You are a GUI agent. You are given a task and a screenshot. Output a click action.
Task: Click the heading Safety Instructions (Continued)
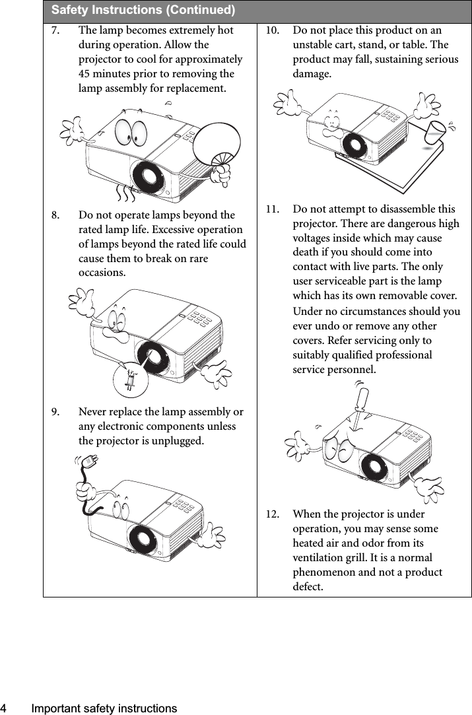click(x=143, y=11)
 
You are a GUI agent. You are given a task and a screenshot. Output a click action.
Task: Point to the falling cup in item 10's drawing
click(x=435, y=132)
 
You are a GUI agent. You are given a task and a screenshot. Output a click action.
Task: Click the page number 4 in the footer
click(x=5, y=708)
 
